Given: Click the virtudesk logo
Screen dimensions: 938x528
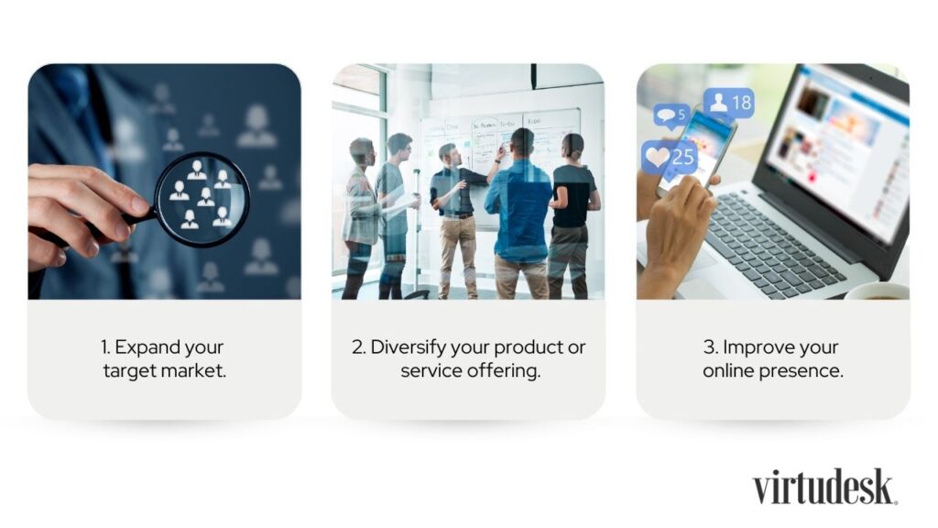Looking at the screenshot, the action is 825,487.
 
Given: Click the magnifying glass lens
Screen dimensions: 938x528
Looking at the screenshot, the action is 202,199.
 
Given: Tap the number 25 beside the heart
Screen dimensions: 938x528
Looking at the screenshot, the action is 682,158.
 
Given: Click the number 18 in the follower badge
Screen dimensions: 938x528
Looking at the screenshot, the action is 741,103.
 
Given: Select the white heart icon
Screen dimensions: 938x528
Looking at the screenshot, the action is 656,157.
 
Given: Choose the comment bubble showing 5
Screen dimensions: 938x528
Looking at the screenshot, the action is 671,115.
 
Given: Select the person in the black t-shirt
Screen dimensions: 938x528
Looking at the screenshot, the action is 573,216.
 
